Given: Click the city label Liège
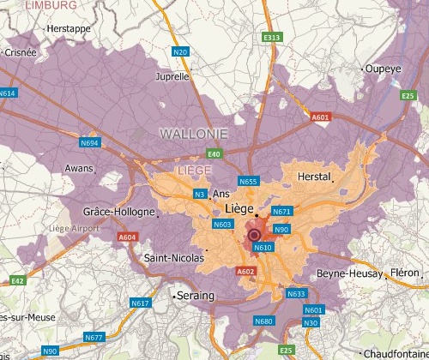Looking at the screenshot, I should [x=240, y=208].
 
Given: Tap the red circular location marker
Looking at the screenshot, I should [x=254, y=235].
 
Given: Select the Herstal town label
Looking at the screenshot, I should [x=313, y=176].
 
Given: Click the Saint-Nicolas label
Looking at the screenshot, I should [x=174, y=257].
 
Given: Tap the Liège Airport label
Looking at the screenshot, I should [x=74, y=228].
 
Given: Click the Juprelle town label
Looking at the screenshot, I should [x=172, y=76].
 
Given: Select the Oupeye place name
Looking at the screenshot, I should [x=384, y=69].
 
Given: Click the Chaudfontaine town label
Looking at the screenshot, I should [x=395, y=353].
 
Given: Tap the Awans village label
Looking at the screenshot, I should [x=81, y=168].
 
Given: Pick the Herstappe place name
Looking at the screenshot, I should [x=70, y=28].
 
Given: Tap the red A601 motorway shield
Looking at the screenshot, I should [x=321, y=117].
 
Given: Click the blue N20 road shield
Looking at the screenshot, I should [x=180, y=52].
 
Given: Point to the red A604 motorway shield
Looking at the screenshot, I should [x=128, y=237].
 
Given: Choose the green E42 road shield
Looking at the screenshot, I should [x=17, y=280].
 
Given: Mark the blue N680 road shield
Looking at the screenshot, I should [x=263, y=321].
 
